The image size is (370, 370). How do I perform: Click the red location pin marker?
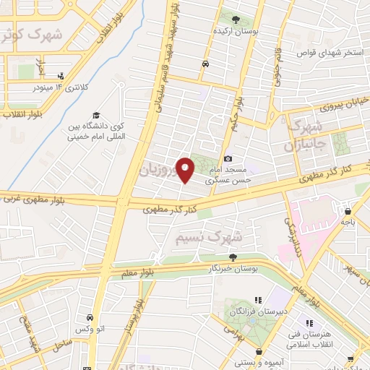[x=185, y=170]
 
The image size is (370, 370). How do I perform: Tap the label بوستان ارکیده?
[x=236, y=32]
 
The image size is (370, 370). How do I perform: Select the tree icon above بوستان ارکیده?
[x=236, y=19]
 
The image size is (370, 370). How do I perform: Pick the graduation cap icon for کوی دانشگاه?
[x=95, y=115]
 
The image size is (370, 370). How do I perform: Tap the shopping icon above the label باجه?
[x=349, y=212]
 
